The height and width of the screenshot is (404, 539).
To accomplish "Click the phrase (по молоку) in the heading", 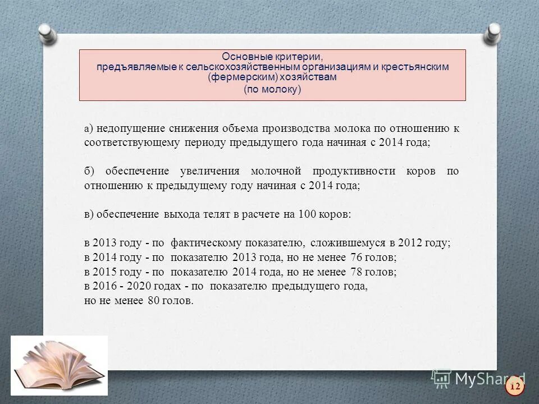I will tap(272, 90).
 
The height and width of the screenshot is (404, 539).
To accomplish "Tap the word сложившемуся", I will tap(344, 244).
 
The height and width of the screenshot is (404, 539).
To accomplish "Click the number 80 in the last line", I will tap(154, 301).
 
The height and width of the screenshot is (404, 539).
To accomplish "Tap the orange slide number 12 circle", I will tap(514, 387).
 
